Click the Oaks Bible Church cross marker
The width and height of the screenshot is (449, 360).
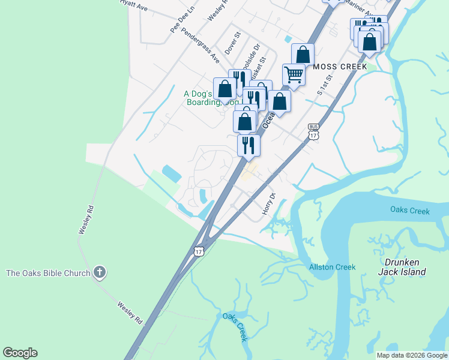click(x=100, y=273)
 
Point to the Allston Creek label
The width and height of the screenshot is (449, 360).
click(x=332, y=267)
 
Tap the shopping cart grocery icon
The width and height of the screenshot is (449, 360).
click(x=294, y=75)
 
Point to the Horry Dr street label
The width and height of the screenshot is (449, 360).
click(x=268, y=204)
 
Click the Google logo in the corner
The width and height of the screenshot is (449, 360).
click(x=20, y=353)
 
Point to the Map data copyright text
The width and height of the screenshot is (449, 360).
click(x=412, y=355)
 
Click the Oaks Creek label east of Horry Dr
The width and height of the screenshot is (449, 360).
click(x=410, y=211)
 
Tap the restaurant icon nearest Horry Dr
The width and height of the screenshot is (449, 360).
click(x=248, y=145)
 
